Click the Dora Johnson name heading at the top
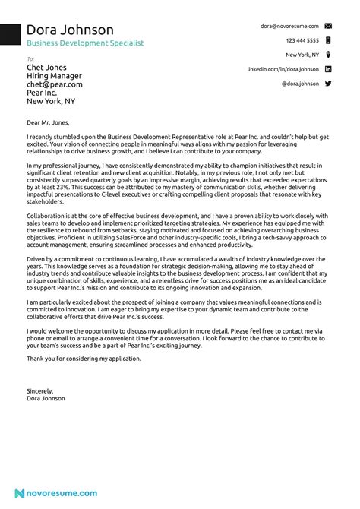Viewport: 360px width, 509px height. point(70,30)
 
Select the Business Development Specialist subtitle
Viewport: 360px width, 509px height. point(84,44)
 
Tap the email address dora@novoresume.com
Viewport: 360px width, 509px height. point(289,26)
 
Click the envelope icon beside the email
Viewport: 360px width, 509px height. point(327,26)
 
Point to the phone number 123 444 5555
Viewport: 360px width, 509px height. point(302,40)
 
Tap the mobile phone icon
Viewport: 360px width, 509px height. point(327,40)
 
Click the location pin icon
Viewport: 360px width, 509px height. point(327,55)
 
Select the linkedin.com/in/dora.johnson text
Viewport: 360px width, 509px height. point(283,69)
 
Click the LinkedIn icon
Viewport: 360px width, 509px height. point(327,69)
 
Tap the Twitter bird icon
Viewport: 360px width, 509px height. point(327,84)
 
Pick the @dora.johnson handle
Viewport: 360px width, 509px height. point(300,84)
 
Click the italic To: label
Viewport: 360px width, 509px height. point(30,58)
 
